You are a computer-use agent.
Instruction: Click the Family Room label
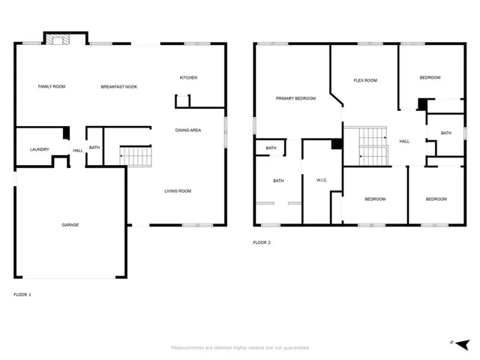(x=52, y=87)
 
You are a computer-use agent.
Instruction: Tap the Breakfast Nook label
(x=119, y=87)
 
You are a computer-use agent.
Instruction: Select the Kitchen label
(x=188, y=78)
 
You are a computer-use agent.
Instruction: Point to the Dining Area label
(x=188, y=130)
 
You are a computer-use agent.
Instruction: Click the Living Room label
(x=178, y=191)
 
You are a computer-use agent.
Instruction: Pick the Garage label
(x=70, y=225)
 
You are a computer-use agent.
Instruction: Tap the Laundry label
(x=40, y=149)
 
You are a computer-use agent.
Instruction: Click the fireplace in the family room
(x=58, y=40)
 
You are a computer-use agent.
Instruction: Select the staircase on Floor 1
(x=136, y=157)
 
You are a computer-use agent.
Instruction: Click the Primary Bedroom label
(x=295, y=98)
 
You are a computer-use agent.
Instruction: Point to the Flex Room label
(x=365, y=80)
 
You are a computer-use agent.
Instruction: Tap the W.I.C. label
(x=322, y=180)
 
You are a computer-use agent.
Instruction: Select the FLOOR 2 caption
(x=262, y=242)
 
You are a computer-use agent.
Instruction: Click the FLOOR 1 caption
(x=22, y=295)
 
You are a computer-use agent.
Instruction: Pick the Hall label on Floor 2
(x=404, y=142)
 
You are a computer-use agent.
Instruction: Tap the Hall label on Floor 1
(x=78, y=151)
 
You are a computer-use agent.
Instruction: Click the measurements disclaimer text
(x=240, y=348)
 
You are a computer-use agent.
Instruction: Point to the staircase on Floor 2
(x=373, y=146)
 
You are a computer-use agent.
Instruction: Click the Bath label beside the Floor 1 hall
(x=94, y=148)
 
